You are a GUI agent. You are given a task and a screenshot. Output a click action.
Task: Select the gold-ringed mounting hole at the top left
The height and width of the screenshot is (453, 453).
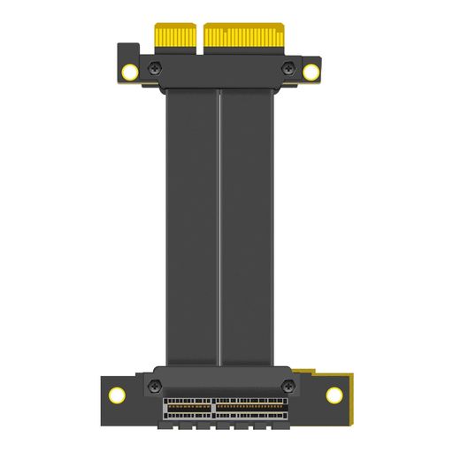pos(131,72)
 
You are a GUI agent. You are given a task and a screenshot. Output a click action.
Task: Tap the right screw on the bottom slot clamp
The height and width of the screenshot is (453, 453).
pos(288,385)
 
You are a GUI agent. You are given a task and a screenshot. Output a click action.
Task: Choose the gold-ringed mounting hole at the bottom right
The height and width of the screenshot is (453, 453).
pos(334,395)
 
